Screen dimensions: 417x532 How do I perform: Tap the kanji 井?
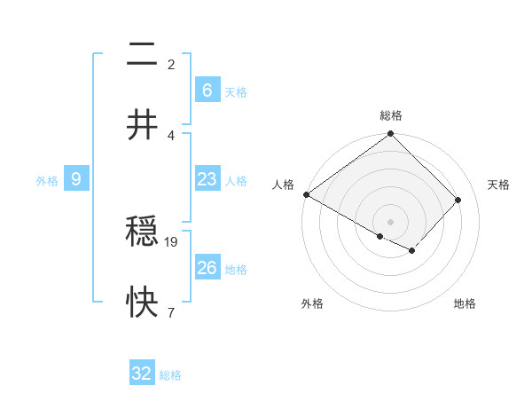[143, 124]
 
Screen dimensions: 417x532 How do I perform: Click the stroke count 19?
[172, 241]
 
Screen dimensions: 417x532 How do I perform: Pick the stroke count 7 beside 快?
[171, 311]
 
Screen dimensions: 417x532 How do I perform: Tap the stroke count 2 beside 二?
[171, 64]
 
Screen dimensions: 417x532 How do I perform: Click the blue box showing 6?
[207, 90]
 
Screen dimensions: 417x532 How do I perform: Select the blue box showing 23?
[207, 179]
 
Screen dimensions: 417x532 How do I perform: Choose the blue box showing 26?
[207, 267]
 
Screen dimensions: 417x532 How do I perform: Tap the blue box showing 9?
[76, 179]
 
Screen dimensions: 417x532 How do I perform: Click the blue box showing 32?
[142, 374]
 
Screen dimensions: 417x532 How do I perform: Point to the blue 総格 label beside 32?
[170, 375]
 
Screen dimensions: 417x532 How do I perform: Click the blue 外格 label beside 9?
[47, 181]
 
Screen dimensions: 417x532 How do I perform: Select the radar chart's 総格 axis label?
[391, 115]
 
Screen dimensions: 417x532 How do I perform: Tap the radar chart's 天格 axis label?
[498, 185]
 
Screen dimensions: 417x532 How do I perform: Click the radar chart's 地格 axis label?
[465, 303]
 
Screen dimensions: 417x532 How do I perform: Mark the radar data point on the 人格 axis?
[306, 194]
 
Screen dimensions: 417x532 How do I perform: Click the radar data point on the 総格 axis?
[391, 135]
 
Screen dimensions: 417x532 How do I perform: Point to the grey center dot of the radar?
[391, 221]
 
